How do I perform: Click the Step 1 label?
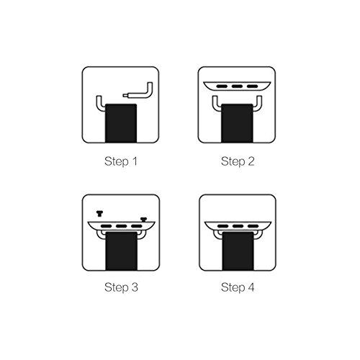(121, 161)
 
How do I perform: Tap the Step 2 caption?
(238, 161)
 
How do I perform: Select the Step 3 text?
(121, 287)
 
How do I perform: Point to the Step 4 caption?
(238, 287)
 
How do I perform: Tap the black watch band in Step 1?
(121, 123)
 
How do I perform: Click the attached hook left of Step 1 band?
(99, 104)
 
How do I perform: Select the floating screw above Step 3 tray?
(99, 213)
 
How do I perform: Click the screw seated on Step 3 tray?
(143, 220)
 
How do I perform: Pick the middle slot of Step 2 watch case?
(237, 86)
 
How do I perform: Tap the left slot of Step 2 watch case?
(222, 86)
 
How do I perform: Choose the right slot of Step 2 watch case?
(252, 86)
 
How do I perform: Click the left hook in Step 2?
(215, 104)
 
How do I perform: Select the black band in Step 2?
(237, 123)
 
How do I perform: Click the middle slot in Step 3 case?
(122, 226)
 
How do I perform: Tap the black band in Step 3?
(122, 251)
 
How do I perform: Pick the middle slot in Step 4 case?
(238, 226)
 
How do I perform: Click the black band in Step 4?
(238, 251)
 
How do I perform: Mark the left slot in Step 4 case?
(223, 226)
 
